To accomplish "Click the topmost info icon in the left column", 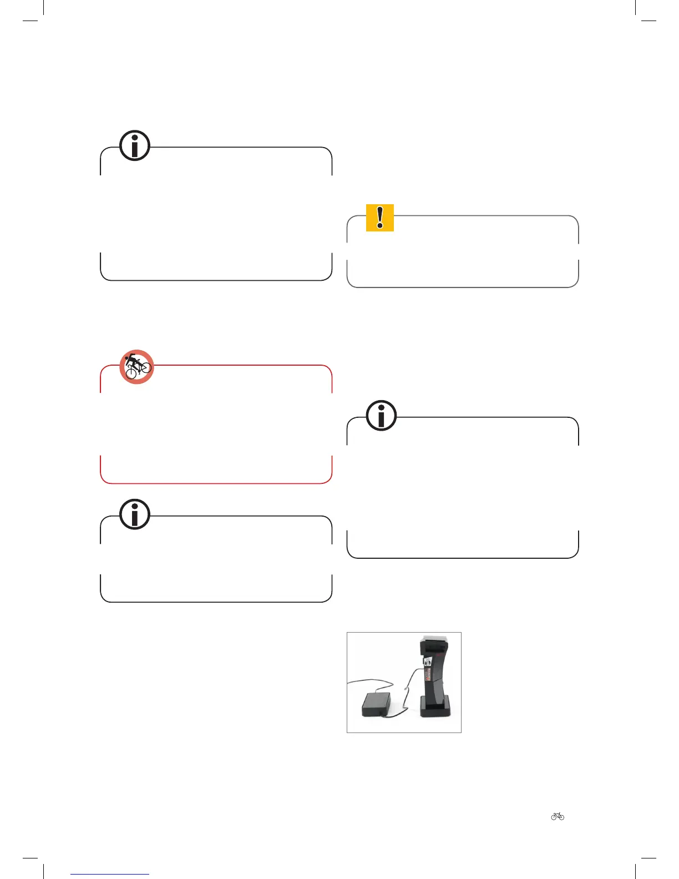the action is pos(135,146).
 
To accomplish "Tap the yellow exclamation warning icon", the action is pos(380,218).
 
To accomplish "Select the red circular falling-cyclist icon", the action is pos(136,367).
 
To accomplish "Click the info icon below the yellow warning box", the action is pos(381,415).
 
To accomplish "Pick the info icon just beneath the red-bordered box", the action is pos(135,514).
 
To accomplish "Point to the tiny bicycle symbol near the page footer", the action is pos(558,816).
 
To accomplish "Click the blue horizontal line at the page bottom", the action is pos(110,875).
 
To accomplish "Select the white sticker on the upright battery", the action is pos(428,662).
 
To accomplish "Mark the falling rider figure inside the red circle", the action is pos(133,361).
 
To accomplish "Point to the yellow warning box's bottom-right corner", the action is pos(575,283).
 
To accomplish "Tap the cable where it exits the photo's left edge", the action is pos(348,682).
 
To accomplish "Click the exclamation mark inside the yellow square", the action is pos(380,218).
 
